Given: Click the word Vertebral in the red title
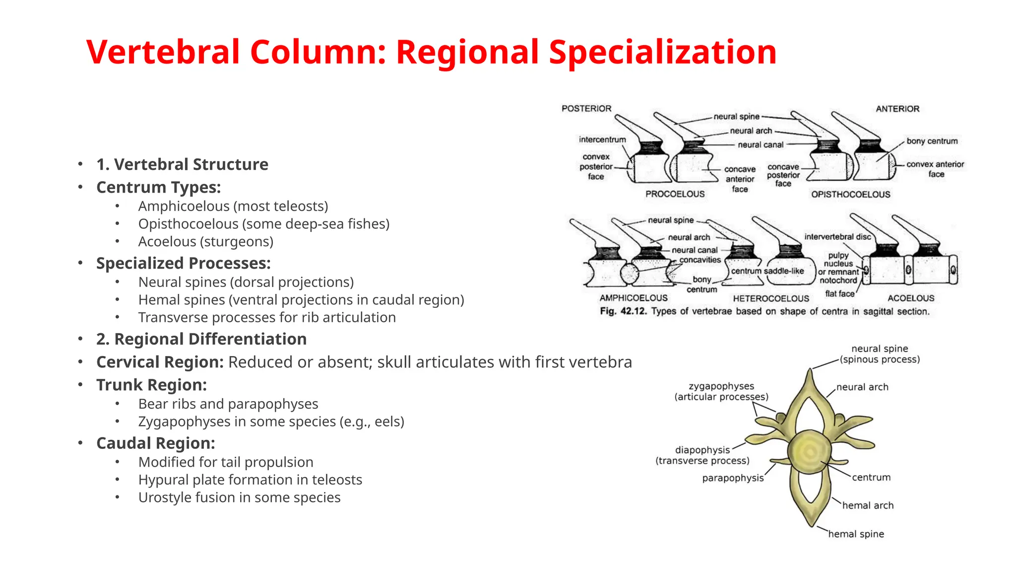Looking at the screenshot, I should click(x=163, y=52).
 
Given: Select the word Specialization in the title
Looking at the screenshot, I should click(x=662, y=52).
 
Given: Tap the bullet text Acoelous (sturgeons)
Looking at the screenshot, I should click(x=206, y=242).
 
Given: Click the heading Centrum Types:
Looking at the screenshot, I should click(x=158, y=188).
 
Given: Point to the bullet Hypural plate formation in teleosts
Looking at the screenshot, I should click(x=250, y=480).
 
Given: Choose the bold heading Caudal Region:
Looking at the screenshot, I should click(x=155, y=443).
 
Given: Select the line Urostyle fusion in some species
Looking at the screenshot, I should click(x=239, y=498).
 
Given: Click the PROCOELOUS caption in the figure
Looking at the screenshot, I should click(x=675, y=194).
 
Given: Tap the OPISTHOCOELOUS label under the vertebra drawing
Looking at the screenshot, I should click(x=850, y=195).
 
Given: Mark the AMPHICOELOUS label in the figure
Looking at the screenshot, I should click(x=634, y=298).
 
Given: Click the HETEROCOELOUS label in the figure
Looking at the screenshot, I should click(x=771, y=298).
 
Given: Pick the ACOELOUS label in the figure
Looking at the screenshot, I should click(x=911, y=298).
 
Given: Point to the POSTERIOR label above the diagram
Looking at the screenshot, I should click(x=586, y=108).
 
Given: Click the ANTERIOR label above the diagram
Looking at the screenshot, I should click(x=897, y=109).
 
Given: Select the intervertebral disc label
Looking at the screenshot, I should click(x=837, y=237).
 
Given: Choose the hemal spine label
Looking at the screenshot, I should click(x=856, y=534).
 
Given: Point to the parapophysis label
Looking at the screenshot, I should click(x=733, y=478).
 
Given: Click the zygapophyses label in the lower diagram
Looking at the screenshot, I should click(x=721, y=386).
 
